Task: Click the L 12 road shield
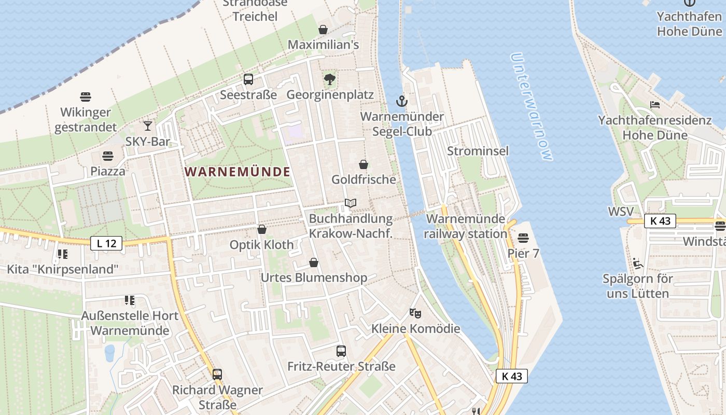click(x=106, y=243)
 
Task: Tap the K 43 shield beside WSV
click(x=660, y=220)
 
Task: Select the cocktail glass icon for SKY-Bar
click(x=148, y=126)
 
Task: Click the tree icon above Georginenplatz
click(x=329, y=79)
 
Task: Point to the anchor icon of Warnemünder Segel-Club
click(x=402, y=101)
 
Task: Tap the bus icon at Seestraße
click(x=248, y=79)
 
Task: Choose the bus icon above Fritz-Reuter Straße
click(x=341, y=351)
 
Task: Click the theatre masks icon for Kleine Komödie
click(x=415, y=313)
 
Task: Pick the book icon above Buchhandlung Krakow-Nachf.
click(x=351, y=203)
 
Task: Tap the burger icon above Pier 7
click(x=523, y=238)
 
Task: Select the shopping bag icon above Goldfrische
click(x=364, y=164)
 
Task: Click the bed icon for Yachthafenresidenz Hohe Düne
click(x=655, y=105)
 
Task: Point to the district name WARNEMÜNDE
click(x=238, y=172)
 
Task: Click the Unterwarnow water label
click(x=532, y=106)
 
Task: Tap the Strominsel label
click(x=478, y=151)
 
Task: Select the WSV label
click(x=621, y=212)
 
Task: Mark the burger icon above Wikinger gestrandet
click(x=86, y=96)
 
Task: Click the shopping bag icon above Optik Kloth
click(x=262, y=229)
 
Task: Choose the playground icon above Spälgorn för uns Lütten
click(x=638, y=264)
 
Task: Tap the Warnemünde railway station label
click(x=465, y=226)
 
